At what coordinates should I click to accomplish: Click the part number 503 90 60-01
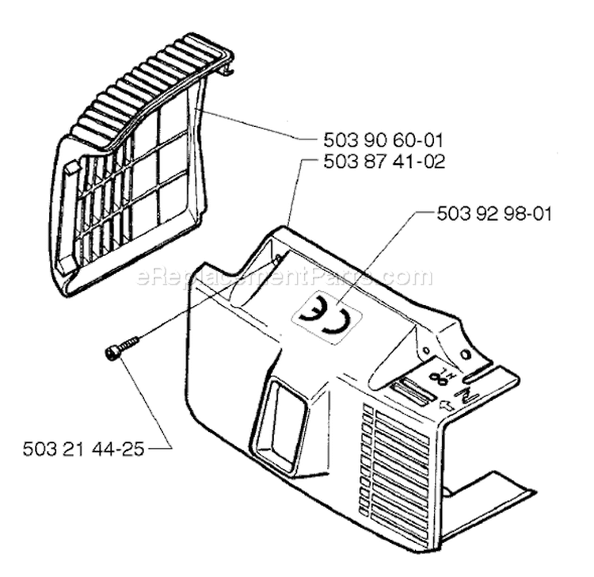point(383,140)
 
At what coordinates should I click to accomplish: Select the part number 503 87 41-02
point(384,162)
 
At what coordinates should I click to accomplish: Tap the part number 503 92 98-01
point(494,214)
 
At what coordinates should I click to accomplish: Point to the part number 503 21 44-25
point(84,449)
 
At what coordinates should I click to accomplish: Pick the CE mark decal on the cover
point(326,314)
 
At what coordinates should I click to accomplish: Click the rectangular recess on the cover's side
point(280,421)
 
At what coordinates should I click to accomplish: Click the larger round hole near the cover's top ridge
point(464,353)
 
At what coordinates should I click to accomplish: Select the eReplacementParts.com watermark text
point(284,277)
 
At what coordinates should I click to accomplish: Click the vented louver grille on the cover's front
point(396,463)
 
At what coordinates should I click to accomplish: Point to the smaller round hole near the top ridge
point(427,350)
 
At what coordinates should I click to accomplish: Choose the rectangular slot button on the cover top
point(412,392)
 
